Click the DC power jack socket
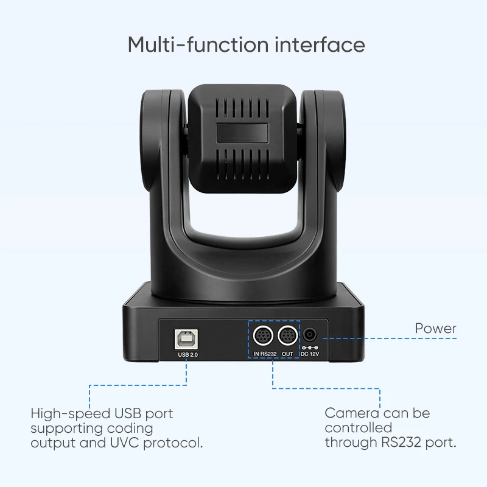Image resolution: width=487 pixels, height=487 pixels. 310,334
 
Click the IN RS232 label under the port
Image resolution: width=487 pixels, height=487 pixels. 265,354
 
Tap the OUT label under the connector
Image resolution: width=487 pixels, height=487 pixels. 287,354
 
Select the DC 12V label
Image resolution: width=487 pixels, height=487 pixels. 310,354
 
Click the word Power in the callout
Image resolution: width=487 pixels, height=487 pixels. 435,329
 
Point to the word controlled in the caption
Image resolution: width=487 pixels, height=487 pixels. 358,428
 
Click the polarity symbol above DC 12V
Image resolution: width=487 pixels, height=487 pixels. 310,347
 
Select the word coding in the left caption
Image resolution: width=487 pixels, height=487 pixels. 136,428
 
